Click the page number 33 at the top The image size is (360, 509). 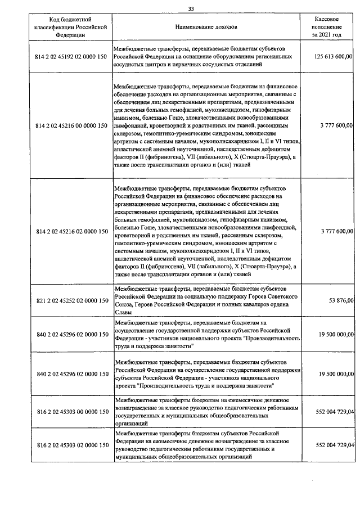(191, 8)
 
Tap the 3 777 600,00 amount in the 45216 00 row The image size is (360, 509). (337, 125)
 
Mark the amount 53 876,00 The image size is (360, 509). (341, 301)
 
